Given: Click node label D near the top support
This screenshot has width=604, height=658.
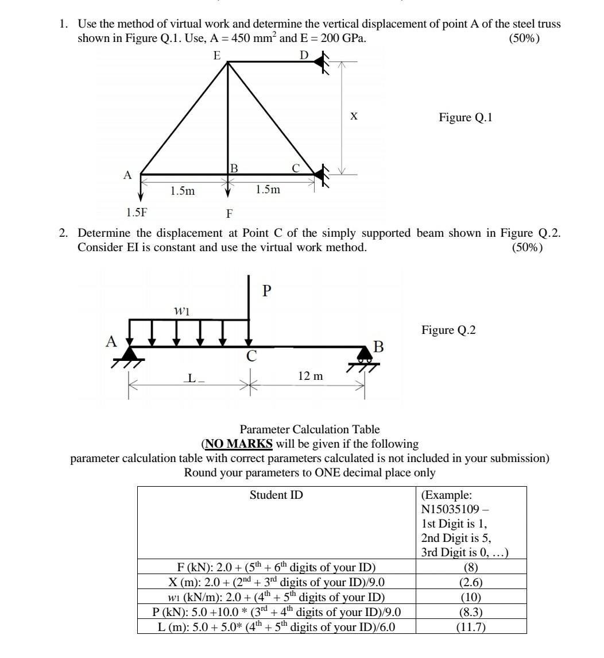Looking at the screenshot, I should [304, 55].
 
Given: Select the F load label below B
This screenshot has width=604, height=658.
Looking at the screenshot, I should [229, 214].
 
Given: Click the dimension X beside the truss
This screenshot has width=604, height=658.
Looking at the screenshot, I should [354, 117].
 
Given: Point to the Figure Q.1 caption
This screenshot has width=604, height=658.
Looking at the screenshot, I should [466, 118].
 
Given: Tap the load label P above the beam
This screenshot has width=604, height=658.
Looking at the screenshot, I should [266, 291].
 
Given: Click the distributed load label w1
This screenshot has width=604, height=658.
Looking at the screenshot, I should [181, 310].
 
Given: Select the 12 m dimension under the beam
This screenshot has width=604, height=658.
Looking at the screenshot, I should [311, 376].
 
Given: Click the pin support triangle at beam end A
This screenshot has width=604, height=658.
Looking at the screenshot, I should [130, 355].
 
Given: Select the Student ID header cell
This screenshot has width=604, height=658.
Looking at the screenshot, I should [276, 495].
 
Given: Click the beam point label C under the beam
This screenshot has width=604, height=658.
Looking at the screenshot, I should [251, 357].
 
